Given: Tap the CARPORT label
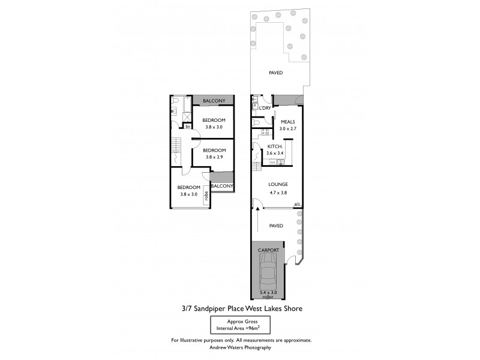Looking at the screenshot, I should tap(268, 249).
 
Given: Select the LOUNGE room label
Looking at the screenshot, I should tap(278, 184).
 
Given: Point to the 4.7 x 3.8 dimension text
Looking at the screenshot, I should tap(278, 193).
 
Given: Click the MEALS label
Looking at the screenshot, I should tap(288, 121).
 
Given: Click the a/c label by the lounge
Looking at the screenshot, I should tap(297, 205).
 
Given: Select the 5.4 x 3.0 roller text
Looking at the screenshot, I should tap(268, 295).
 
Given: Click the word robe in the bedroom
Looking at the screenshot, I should tap(206, 194).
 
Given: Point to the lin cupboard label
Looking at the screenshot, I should tap(187, 127).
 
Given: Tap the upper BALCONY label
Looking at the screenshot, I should tap(214, 101).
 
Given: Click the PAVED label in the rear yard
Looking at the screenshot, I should tap(275, 73).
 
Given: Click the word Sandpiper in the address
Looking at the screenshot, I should tap(220, 309).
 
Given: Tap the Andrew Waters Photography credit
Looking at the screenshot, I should tap(240, 347).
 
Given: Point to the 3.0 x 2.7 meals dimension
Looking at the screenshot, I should tap(288, 128).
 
